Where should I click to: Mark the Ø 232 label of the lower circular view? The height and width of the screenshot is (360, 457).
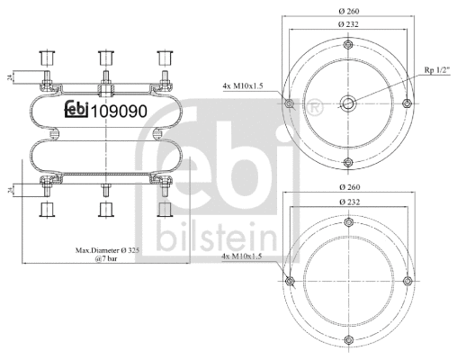[x=347, y=204]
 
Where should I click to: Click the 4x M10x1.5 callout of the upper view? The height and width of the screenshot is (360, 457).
[x=244, y=85]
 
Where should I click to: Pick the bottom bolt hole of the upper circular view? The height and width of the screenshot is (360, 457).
[x=347, y=162]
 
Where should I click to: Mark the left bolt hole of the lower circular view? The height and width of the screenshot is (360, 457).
[x=288, y=283]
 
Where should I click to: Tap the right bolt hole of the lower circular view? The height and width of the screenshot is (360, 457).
[x=408, y=283]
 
